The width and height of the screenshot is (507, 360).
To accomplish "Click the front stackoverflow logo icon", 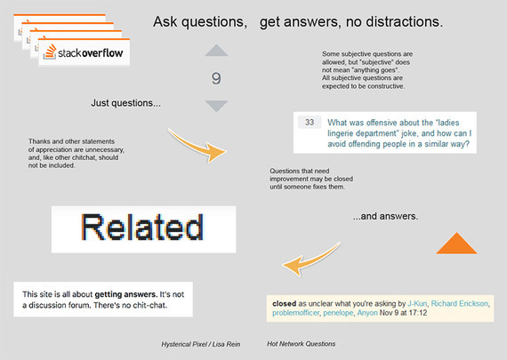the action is point(50,52).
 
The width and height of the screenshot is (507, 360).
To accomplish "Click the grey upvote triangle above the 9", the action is point(216,51).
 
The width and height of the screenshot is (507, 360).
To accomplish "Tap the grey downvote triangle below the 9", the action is point(216,106).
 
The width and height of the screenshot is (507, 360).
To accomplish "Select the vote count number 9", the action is point(216,78).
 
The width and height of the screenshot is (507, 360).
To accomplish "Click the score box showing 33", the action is point(310,122).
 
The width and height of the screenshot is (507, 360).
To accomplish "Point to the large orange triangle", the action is point(456,243).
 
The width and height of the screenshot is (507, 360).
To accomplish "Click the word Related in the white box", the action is point(142,228).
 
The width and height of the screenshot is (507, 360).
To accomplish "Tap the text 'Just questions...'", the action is point(125,103).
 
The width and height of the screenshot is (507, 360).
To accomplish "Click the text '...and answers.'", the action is point(385,216).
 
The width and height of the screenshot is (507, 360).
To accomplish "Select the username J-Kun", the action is point(417,303).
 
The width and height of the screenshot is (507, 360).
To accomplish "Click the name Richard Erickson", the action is point(460,303).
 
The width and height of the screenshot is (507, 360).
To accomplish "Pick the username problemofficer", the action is point(295,313).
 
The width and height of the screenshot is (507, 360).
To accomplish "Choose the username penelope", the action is point(338,313).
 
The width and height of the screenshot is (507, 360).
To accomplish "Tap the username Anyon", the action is point(367,313).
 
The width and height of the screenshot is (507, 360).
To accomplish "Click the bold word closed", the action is point(285,303).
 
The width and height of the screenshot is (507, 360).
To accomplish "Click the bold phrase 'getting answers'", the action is point(125,294).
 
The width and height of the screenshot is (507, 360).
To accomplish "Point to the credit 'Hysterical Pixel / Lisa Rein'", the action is point(201,345).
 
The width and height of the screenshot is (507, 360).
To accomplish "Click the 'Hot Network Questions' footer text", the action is point(301,344).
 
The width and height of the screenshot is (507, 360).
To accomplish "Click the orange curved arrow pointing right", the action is point(197,145).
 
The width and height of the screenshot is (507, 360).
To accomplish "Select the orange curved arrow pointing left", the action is point(311,260).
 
